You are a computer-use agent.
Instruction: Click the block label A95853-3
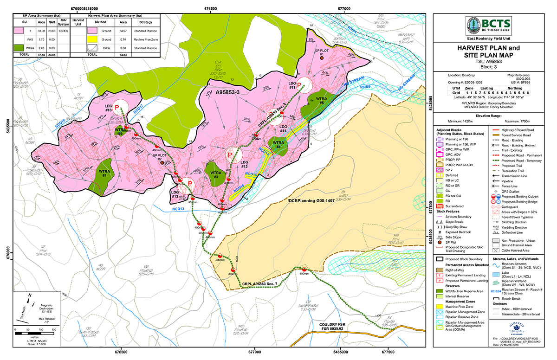pyautogui.click(x=230, y=92)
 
